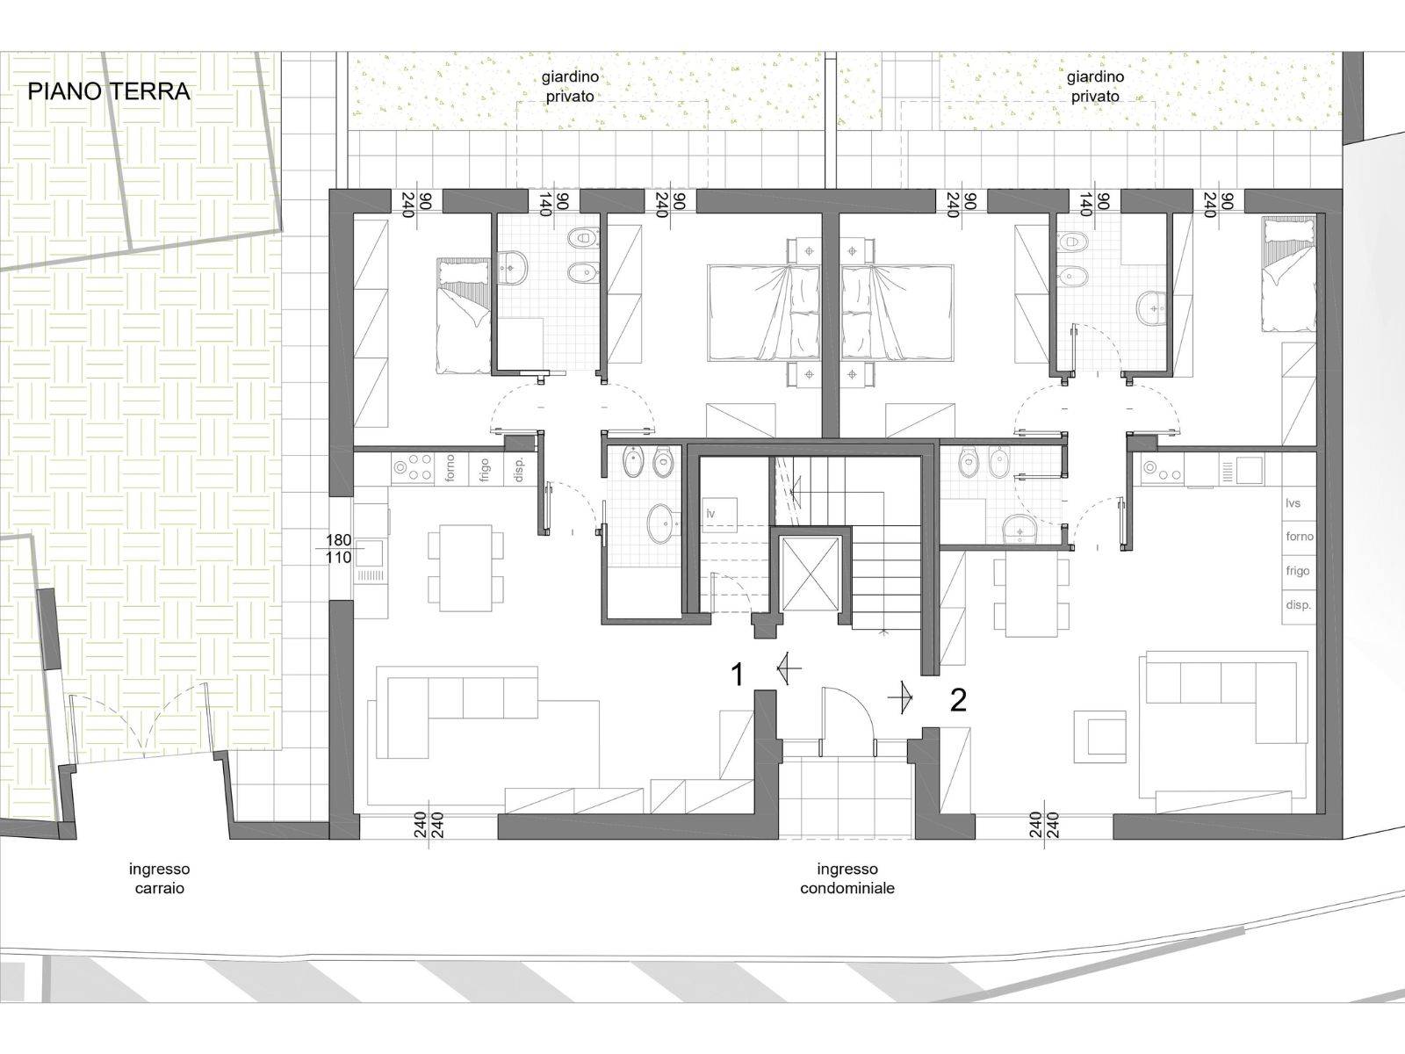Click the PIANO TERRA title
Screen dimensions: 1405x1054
pos(109,91)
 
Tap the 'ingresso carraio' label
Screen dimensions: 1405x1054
pos(160,878)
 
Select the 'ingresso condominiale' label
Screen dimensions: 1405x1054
pos(847,878)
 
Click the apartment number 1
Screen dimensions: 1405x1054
pos(738,675)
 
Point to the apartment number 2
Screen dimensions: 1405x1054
pos(957,701)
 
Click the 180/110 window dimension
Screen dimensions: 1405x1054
pos(339,549)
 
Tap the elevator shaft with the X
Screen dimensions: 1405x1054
pos(811,574)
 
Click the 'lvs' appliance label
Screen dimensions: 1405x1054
pos(1293,503)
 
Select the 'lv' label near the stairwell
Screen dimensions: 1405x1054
pos(710,513)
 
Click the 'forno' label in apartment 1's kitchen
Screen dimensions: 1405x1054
pos(450,468)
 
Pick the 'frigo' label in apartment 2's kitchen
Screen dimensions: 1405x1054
pos(1298,570)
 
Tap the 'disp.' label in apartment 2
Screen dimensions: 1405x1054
pos(1298,604)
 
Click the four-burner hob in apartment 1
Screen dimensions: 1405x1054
pos(413,467)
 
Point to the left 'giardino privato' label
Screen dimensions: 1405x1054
pos(570,86)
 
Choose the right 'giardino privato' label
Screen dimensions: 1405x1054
pos(1095,86)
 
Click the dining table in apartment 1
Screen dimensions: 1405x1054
pos(465,567)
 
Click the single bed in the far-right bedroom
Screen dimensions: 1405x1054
pos(1288,275)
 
